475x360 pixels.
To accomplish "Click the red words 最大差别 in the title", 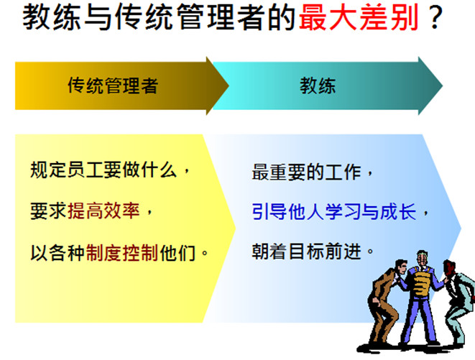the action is (359, 17).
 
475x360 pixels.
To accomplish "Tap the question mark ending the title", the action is (435, 17).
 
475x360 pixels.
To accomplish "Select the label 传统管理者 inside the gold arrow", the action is (113, 86).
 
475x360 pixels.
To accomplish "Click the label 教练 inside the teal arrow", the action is (318, 86).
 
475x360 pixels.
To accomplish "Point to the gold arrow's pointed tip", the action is (229, 86).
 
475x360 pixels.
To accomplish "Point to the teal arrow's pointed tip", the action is (443, 86).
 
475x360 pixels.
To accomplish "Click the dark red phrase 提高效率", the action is (103, 211).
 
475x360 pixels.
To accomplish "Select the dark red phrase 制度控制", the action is (122, 252).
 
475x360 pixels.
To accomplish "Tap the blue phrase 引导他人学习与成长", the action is (334, 211).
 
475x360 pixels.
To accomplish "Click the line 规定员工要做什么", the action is (103, 170).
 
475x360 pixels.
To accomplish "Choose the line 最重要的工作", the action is (306, 172).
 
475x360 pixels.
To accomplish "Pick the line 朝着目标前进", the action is (306, 251).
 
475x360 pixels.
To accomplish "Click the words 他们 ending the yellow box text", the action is (177, 252).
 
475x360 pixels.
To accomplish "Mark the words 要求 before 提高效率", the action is (48, 211).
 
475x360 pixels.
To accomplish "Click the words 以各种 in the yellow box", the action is (57, 252).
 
